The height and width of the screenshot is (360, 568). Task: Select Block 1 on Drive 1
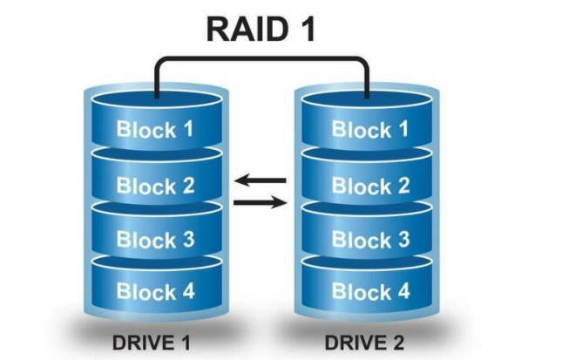[155, 130]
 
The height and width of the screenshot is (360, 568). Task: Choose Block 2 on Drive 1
[155, 185]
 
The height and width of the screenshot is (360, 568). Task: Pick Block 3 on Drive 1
[155, 240]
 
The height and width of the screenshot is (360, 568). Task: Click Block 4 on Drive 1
[155, 291]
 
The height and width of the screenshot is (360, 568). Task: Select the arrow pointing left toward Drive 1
[261, 181]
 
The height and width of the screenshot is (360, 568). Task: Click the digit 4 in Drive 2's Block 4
[402, 291]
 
